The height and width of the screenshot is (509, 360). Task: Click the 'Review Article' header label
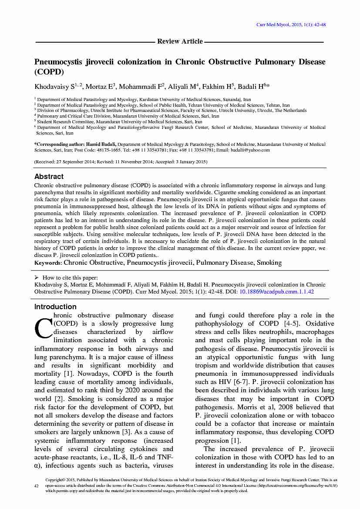point(180,41)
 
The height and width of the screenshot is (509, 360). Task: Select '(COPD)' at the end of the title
point(49,72)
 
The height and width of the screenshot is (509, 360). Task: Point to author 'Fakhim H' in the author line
point(218,87)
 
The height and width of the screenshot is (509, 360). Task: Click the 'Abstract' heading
point(49,176)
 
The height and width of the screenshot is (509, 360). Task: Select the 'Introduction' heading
point(55,307)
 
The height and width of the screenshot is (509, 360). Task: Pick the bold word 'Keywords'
point(48,263)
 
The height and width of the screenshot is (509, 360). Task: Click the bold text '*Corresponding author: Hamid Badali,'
point(75,144)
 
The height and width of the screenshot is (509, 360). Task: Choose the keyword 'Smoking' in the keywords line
point(269,263)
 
